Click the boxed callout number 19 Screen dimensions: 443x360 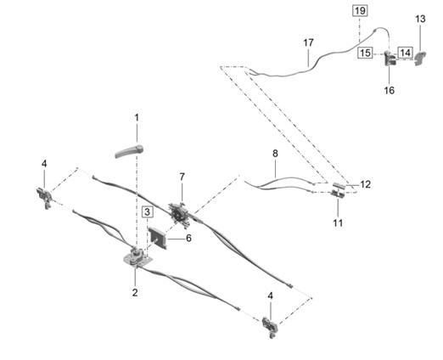tap(360, 11)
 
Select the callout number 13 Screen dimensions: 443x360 tap(420, 20)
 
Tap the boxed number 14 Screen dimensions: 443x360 tap(405, 53)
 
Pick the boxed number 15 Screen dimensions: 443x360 tap(365, 53)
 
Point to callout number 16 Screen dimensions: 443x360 tap(389, 91)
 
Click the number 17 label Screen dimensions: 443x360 tap(308, 43)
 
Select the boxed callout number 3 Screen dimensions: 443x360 tap(147, 212)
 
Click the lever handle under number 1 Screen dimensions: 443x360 tap(129, 151)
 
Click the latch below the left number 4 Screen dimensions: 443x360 tap(44, 198)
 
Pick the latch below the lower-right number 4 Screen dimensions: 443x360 tap(270, 327)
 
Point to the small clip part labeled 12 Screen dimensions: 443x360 tap(339, 186)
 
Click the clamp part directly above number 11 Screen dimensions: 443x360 tap(338, 194)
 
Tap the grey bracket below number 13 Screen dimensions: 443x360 tap(421, 59)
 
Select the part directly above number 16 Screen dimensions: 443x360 tap(390, 58)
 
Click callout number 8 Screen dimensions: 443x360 tap(275, 154)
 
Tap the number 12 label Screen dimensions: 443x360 tap(365, 184)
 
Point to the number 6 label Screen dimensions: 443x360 tap(188, 239)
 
